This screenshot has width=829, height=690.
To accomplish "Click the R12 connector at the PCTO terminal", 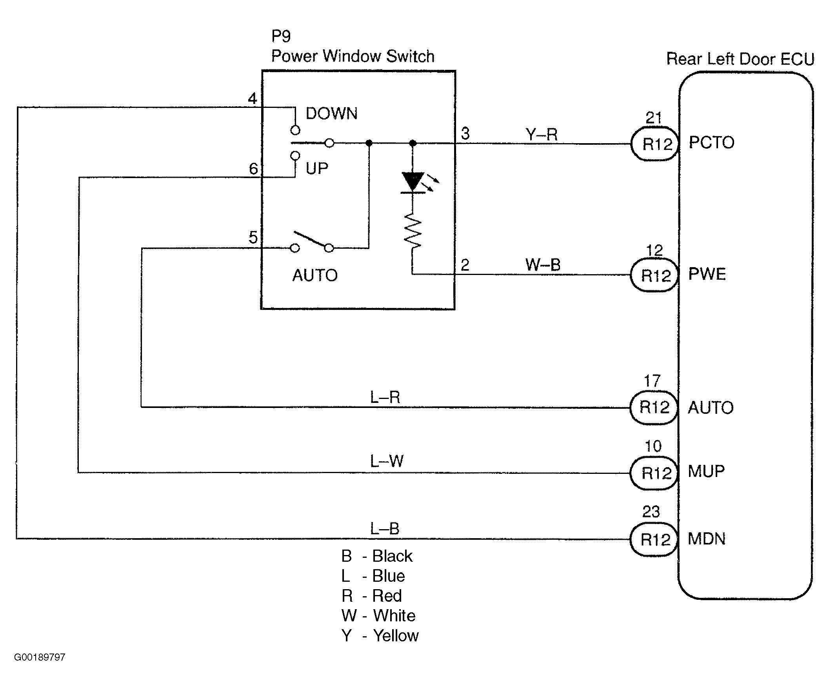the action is click(655, 144).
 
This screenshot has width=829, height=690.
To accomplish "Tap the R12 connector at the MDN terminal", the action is click(654, 539).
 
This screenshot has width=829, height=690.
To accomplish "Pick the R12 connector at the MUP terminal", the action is click(654, 473).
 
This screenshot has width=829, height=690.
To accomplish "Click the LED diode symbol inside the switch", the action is click(413, 182).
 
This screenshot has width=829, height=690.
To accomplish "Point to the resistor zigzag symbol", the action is click(413, 231).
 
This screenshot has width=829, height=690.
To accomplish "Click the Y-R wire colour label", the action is click(542, 135).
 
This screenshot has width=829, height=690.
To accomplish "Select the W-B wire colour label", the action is click(543, 265).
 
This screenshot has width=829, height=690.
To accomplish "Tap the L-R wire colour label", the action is click(385, 397).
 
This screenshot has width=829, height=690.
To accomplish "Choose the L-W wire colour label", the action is click(387, 461).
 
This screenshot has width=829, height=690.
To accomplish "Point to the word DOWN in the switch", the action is click(332, 114).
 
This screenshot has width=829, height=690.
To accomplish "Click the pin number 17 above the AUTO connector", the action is click(652, 381).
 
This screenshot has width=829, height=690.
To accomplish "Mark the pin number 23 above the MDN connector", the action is click(651, 512).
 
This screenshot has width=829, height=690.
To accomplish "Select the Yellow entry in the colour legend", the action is click(380, 636).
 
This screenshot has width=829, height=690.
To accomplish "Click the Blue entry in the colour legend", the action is click(373, 576).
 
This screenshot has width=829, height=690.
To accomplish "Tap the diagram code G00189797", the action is click(40, 657).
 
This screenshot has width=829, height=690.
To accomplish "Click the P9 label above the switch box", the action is click(281, 36).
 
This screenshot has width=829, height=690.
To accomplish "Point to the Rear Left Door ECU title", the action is click(741, 59).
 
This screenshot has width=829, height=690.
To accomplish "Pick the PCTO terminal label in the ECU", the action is click(711, 142).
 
